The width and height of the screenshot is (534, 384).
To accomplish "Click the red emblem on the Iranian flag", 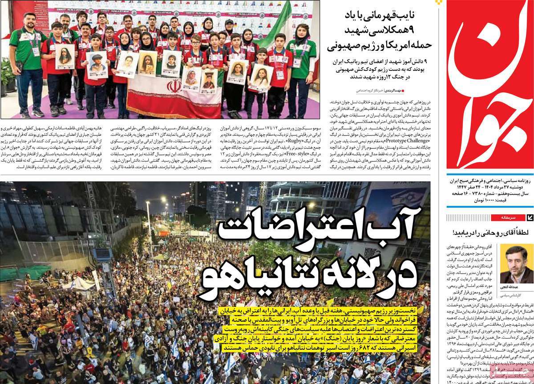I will (x=174, y=86).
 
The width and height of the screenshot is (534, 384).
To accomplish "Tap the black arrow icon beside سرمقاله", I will (x=530, y=217).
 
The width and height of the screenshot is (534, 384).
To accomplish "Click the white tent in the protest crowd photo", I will (x=80, y=283).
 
